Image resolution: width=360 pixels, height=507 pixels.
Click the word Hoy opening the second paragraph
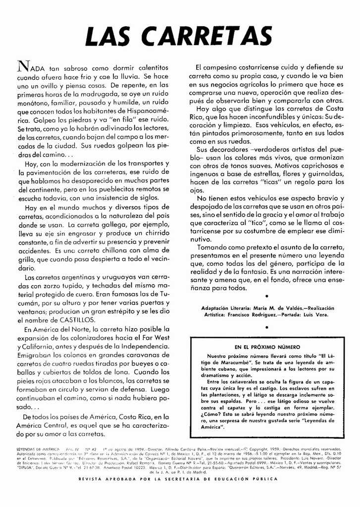32,164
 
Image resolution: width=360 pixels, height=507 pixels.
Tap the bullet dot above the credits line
267,296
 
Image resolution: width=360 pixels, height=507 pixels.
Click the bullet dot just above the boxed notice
267,327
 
